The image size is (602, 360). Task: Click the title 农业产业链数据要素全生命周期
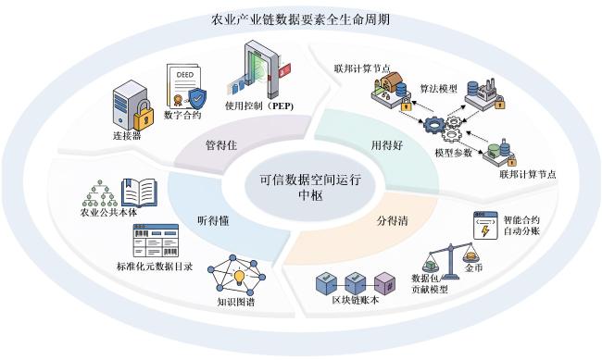point(301,19)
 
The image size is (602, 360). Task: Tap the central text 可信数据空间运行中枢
point(310,187)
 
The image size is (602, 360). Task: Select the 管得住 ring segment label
point(221,145)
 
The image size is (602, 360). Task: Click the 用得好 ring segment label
point(387,145)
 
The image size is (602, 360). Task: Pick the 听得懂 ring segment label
point(213,220)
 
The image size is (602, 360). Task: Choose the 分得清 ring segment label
point(392,220)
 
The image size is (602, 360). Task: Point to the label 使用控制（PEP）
point(259,106)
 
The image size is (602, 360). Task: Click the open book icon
point(139,193)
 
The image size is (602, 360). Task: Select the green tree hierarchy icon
point(100,193)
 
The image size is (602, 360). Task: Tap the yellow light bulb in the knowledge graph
point(239,277)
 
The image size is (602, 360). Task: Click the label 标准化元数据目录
point(155,266)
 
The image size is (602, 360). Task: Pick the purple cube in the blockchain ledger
point(383,284)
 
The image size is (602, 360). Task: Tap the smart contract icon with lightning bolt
point(485,225)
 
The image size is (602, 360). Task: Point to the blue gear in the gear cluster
point(434,125)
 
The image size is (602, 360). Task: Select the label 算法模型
point(439,89)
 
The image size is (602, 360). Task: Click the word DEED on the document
point(184,74)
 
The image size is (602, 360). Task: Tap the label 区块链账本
point(355,300)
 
